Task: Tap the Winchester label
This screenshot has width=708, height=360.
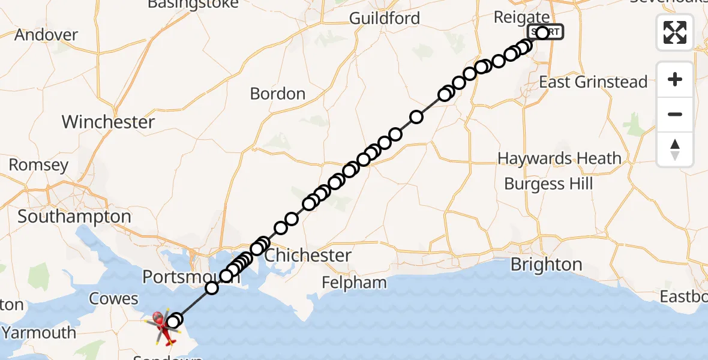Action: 108,122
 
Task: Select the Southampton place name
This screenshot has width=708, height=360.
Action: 74,217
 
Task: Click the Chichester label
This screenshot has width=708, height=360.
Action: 308,256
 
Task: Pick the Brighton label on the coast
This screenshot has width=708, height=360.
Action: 547,265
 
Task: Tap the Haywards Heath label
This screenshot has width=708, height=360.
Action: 559,158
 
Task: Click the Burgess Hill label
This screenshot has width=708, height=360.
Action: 548,184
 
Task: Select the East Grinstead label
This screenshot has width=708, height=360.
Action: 593,82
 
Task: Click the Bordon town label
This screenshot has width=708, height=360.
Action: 278,94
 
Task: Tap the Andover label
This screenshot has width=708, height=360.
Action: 46,35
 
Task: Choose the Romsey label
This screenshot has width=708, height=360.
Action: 38,164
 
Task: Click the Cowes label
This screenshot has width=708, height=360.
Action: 113,298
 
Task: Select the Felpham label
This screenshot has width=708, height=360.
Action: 354,282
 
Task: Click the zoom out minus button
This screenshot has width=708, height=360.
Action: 675,114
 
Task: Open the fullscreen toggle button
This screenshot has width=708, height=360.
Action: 675,32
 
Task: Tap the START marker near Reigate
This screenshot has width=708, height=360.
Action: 545,32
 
